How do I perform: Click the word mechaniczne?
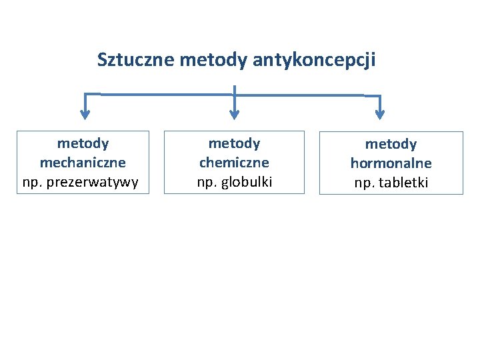[83, 163]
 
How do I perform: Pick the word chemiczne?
[234, 163]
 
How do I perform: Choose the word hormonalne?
[391, 163]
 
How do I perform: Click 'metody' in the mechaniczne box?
[83, 143]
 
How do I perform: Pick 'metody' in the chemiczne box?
[234, 143]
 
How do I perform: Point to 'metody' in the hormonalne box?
[391, 144]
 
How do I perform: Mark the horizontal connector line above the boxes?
[167, 94]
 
